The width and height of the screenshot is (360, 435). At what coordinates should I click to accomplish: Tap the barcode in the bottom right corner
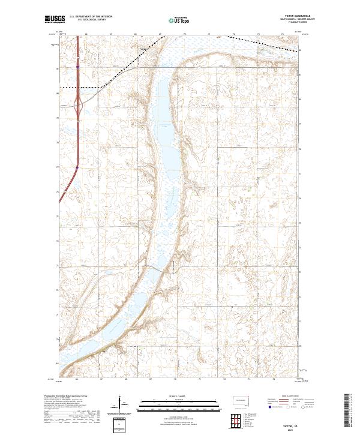351,412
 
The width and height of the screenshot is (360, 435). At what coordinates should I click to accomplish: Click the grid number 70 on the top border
185,34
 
